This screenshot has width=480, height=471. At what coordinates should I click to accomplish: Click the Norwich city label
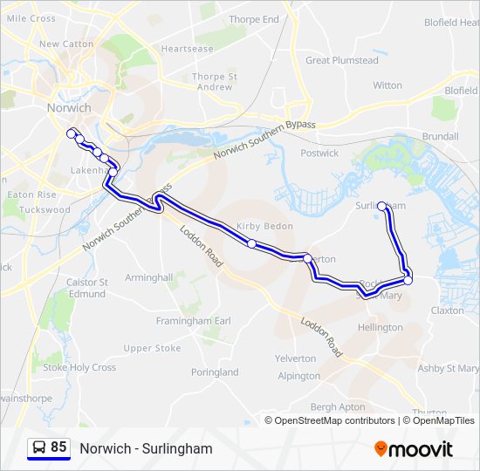[65, 108]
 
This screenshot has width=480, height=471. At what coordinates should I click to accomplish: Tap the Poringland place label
[214, 372]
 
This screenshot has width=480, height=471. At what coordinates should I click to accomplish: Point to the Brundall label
[440, 137]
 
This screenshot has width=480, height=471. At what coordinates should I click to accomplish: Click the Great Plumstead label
[341, 61]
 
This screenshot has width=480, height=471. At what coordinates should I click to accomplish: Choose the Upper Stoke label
[152, 348]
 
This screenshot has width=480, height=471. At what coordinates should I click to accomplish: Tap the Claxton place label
[447, 310]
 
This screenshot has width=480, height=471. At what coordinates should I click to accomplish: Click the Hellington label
[381, 327]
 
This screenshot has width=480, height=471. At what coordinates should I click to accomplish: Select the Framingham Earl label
[193, 321]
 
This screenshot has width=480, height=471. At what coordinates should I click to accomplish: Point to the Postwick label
[319, 154]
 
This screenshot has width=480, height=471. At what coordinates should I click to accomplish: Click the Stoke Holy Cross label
[79, 367]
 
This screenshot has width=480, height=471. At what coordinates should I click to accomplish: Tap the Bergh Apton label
[338, 407]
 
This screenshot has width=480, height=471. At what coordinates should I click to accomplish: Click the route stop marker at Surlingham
[381, 207]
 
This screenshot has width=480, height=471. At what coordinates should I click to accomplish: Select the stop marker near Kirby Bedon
[252, 244]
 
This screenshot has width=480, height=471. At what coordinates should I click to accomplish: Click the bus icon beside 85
[39, 447]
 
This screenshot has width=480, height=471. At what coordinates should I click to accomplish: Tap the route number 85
[58, 447]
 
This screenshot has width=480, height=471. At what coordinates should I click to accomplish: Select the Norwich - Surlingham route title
[146, 448]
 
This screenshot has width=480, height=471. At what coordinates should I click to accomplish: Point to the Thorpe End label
[253, 19]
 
